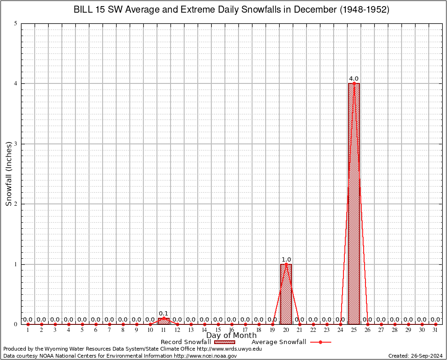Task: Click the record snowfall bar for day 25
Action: [x=354, y=204]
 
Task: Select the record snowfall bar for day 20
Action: [x=286, y=294]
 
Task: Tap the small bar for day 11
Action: [x=164, y=321]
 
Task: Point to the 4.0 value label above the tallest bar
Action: [x=354, y=79]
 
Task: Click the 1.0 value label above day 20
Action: [x=286, y=259]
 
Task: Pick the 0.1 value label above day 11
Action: [x=164, y=313]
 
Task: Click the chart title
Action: [x=231, y=10]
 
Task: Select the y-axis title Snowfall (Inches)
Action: [x=8, y=174]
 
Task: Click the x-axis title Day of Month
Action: [x=231, y=335]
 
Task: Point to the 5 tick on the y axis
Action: [x=15, y=23]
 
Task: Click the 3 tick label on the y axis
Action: [x=15, y=144]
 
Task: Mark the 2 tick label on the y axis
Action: [x=15, y=204]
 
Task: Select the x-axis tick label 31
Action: [x=435, y=330]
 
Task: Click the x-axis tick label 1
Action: [x=28, y=330]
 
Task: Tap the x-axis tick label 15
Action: [x=218, y=330]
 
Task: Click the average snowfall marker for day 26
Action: [x=367, y=324]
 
